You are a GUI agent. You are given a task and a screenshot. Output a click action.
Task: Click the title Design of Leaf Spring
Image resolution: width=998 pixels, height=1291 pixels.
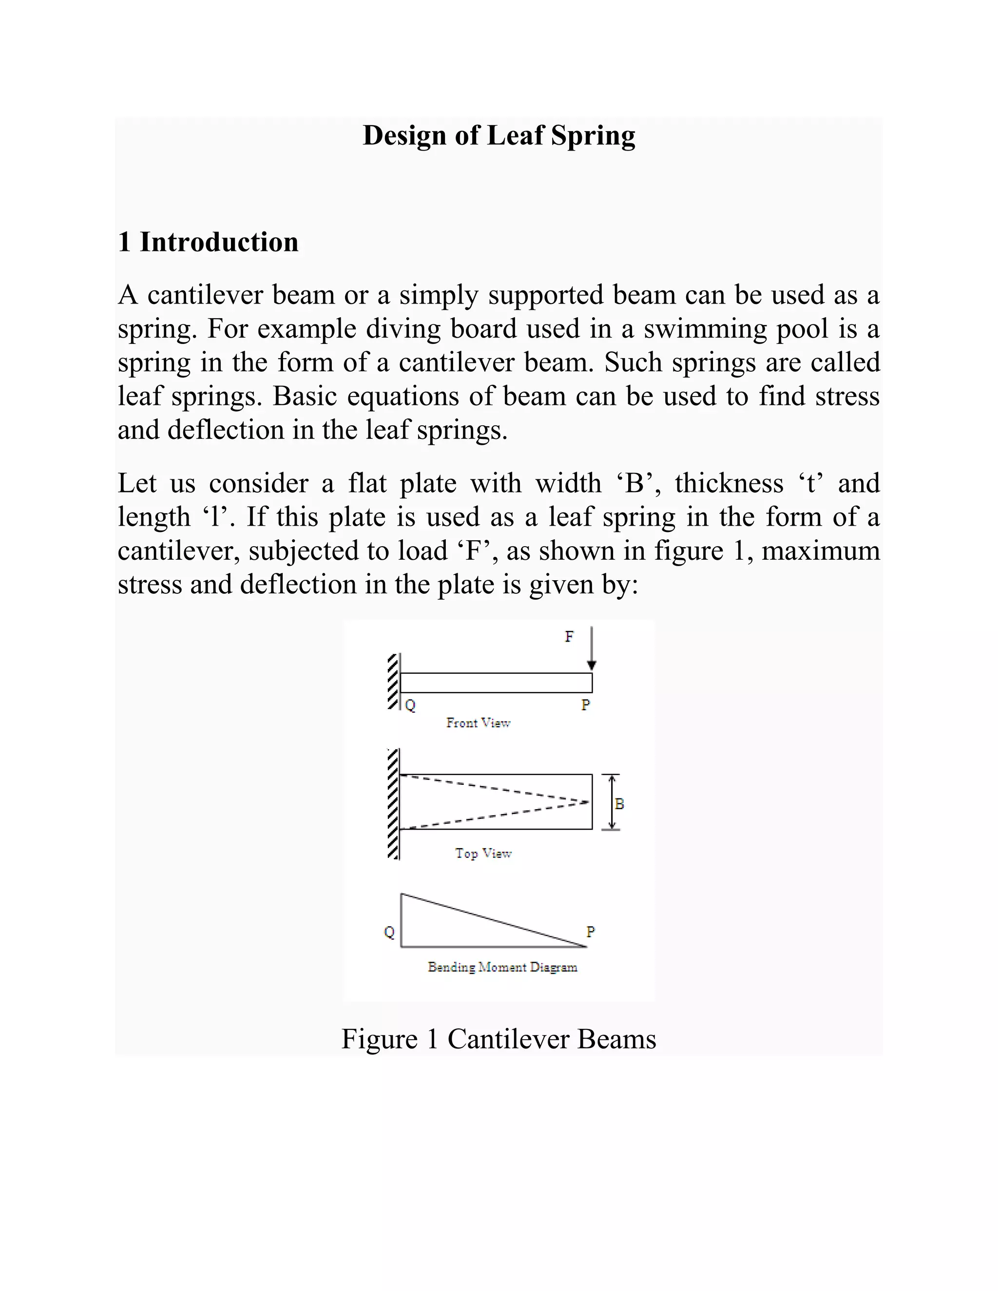499,135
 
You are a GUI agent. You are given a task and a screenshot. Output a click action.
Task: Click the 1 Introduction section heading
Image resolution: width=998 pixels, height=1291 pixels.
208,242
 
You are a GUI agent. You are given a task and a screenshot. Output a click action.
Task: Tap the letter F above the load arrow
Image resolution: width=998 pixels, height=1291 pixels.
569,637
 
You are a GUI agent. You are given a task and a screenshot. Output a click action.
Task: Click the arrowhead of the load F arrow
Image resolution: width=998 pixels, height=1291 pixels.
591,665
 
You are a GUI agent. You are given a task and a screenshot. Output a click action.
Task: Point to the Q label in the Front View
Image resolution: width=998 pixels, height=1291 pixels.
410,705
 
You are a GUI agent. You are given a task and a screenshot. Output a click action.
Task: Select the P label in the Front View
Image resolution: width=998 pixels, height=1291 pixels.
585,704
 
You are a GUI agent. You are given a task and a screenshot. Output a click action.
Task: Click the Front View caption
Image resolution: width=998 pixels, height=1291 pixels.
478,723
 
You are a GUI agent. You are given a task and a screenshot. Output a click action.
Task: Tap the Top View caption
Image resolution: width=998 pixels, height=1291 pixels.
482,854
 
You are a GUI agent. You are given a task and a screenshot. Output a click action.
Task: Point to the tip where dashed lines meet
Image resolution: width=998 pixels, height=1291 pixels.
588,802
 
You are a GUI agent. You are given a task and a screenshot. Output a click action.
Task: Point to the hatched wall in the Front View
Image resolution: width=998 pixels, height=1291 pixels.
393,681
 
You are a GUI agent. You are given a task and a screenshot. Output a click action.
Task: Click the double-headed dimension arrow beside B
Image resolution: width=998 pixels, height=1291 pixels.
612,802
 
